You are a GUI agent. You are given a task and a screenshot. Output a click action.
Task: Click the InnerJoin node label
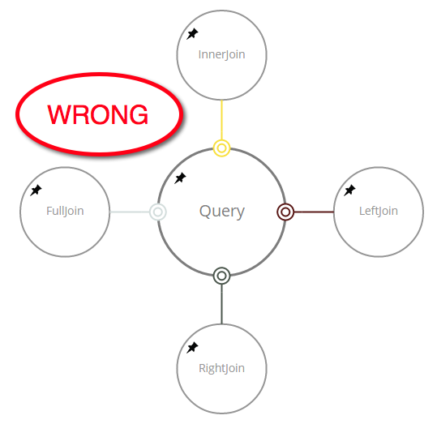221,55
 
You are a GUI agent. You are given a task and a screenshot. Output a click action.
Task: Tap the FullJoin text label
65,212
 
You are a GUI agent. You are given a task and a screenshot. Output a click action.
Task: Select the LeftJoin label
379,211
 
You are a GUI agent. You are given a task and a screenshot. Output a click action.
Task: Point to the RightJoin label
221,369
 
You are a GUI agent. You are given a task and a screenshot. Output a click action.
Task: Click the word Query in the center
222,212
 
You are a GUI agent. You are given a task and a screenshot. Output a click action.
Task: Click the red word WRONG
97,114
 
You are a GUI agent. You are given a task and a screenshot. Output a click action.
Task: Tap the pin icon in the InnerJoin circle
192,34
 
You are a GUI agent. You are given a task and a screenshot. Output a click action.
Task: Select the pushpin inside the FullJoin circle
36,191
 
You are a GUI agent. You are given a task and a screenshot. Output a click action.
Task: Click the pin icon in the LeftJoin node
349,191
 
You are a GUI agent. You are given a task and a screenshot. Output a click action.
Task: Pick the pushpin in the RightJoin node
192,348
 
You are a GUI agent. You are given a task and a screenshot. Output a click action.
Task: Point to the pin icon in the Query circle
180,178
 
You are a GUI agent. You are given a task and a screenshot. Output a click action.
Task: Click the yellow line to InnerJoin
221,120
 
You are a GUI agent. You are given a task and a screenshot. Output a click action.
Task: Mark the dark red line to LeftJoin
314,212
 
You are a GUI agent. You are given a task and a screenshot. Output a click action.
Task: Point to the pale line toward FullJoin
130,212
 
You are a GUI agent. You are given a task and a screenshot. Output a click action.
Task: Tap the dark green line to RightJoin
221,304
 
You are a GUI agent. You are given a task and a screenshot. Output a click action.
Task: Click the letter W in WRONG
59,114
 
